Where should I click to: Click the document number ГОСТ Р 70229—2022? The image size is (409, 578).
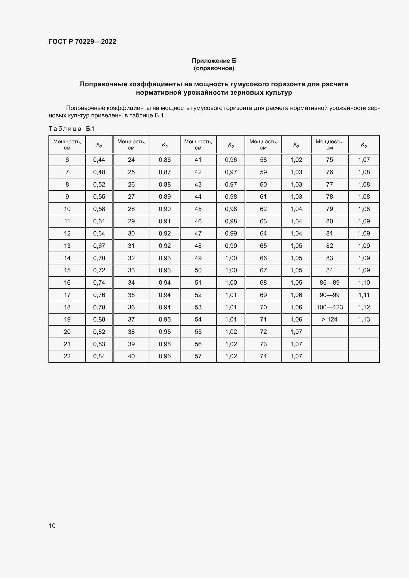click(82, 42)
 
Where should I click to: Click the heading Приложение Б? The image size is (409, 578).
click(214, 61)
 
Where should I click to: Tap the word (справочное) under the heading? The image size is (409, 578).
click(214, 68)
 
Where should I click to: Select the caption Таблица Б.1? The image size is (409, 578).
click(72, 129)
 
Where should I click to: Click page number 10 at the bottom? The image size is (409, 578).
click(52, 526)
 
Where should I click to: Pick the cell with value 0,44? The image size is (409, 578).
click(99, 160)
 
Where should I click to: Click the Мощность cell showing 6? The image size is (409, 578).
click(67, 160)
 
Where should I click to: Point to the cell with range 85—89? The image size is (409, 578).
click(329, 282)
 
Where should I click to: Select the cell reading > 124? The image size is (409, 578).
click(329, 319)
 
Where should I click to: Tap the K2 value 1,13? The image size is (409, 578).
click(364, 319)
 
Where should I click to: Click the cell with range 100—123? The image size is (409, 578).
click(329, 307)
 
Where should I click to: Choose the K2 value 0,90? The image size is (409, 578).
click(165, 209)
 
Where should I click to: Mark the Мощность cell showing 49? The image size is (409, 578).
click(198, 258)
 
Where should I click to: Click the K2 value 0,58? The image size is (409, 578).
click(99, 209)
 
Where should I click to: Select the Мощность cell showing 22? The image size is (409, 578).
click(67, 356)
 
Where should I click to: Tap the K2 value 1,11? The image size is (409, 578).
click(364, 295)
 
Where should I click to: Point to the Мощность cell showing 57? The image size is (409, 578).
click(198, 356)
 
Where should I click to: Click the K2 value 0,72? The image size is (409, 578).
click(99, 270)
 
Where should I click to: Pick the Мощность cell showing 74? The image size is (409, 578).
click(263, 356)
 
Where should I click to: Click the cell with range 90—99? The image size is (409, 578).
click(329, 295)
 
